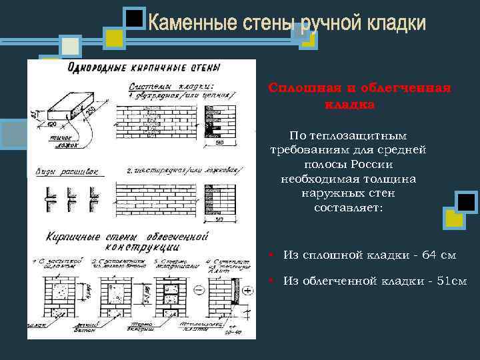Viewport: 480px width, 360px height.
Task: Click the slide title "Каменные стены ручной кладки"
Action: (287, 24)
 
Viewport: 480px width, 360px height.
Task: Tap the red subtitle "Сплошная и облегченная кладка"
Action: (359, 96)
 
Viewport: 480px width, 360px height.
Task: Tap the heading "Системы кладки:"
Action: (171, 85)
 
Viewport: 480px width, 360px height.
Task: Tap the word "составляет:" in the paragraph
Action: (345, 208)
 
